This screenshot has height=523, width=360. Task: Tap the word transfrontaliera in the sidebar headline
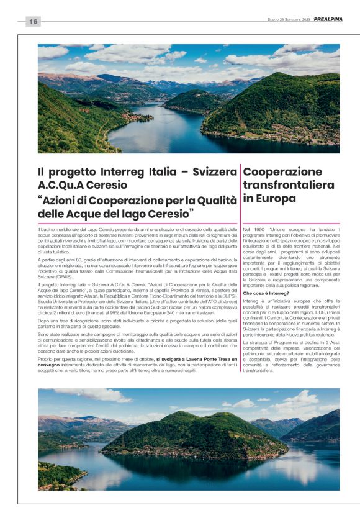click(289, 185)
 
